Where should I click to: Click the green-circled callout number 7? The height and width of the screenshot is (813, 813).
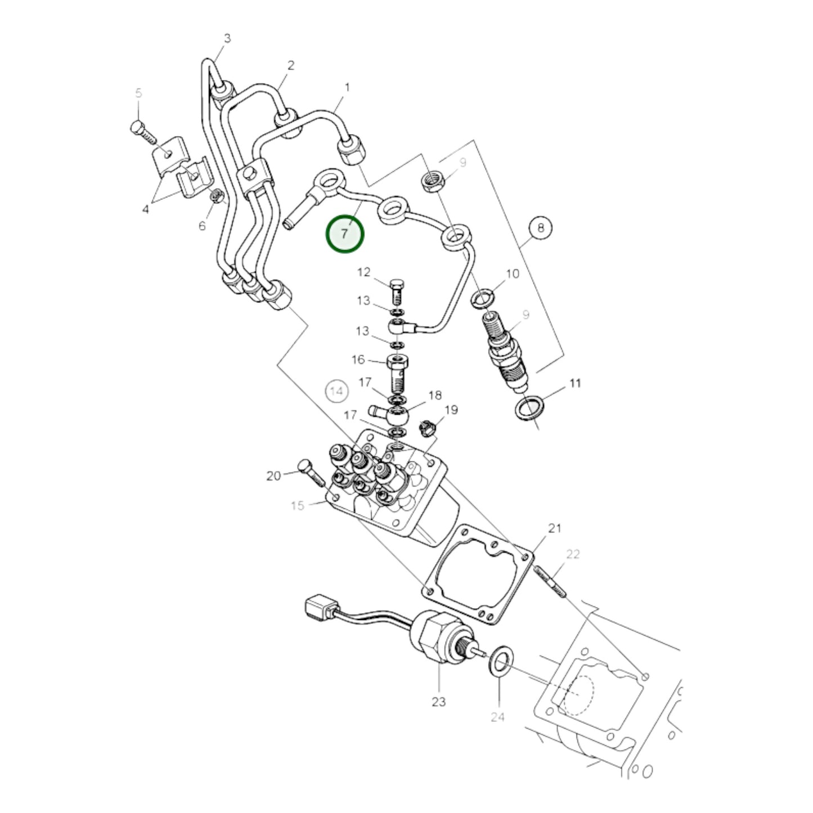pos(345,233)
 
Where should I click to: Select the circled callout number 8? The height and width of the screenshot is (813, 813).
pos(540,228)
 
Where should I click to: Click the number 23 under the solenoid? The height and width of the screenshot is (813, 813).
pos(438,702)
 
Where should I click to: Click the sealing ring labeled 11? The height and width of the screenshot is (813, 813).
pos(529,408)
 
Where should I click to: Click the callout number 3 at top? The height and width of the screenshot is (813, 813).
pos(227,39)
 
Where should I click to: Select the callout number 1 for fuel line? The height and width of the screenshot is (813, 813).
pos(347,88)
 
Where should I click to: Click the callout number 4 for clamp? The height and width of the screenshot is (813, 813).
pos(146,210)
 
